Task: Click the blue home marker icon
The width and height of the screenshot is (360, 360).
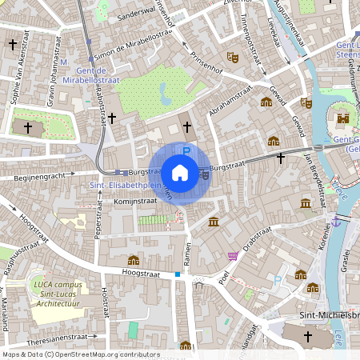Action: click(x=180, y=172)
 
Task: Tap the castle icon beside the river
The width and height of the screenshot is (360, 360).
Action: click(x=343, y=118)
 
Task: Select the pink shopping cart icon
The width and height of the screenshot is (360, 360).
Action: click(x=233, y=256)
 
